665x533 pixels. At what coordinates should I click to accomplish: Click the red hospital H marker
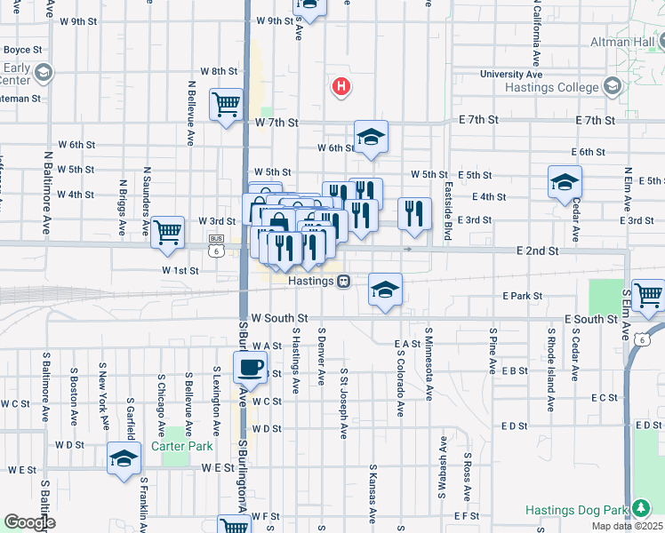341,87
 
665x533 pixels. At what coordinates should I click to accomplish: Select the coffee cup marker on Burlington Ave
250,366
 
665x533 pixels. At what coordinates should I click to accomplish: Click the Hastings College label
561,86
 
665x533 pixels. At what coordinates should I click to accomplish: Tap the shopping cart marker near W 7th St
227,104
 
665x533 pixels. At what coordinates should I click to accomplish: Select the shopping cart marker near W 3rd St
167,232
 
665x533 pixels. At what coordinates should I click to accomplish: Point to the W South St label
279,318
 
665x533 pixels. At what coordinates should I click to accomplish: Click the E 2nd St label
537,251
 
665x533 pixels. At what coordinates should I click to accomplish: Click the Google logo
29,522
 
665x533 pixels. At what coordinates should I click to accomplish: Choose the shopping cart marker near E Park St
649,293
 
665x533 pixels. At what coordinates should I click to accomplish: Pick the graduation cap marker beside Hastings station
385,290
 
